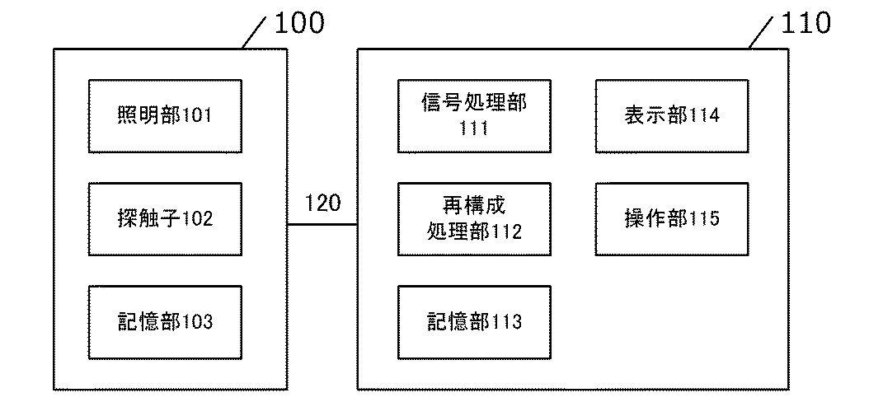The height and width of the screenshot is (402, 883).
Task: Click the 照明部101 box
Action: coord(165,115)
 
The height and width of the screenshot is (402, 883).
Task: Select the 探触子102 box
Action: coord(165,218)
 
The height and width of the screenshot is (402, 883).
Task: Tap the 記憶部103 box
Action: coord(165,321)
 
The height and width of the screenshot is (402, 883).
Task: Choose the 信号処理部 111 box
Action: coord(474,115)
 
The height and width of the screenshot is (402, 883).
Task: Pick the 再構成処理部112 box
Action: coord(474,218)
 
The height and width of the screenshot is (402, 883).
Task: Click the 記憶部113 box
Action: coord(474,321)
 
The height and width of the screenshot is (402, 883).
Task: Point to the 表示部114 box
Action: coord(673,115)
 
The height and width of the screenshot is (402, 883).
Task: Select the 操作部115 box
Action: coord(673,218)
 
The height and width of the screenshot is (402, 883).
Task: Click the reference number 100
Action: coord(298,23)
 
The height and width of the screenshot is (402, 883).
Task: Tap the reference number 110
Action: coord(806,23)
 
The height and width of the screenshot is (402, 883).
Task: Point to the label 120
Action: coord(322,203)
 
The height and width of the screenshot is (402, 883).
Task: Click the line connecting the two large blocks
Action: coord(322,224)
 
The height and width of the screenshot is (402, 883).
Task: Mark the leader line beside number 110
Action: coord(763,33)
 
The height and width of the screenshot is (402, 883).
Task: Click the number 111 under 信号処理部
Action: coord(474,128)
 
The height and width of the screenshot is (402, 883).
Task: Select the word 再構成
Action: coord(474,204)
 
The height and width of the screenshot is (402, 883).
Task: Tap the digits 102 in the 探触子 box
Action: coord(197,219)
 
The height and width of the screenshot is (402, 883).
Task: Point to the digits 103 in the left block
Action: coord(197,322)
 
